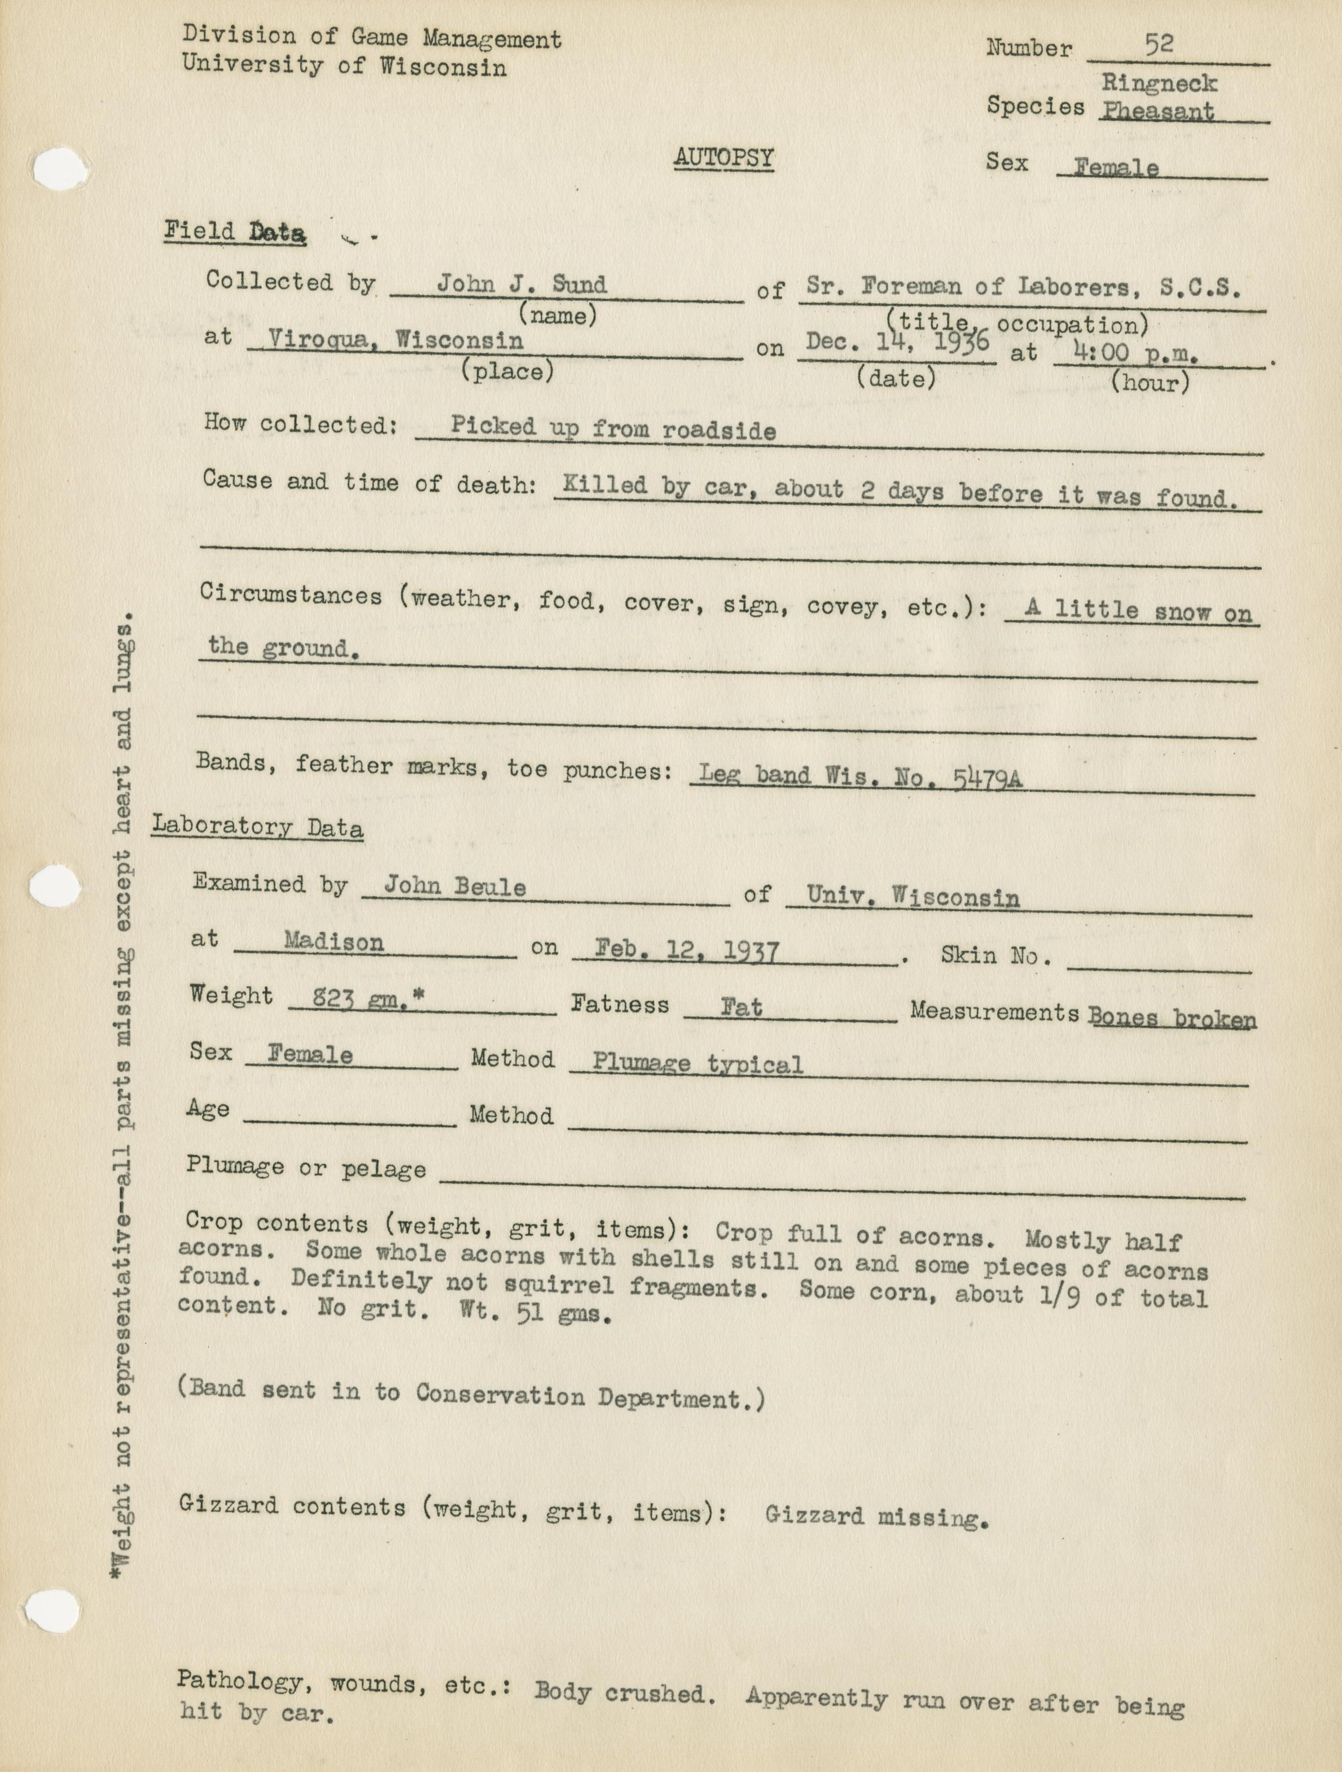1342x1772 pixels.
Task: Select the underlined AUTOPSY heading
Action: click(x=723, y=159)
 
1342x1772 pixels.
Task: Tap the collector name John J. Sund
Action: click(x=521, y=284)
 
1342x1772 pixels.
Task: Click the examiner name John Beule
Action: click(x=454, y=887)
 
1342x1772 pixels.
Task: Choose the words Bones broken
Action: click(x=1172, y=1018)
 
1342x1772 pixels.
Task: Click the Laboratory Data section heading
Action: click(x=257, y=827)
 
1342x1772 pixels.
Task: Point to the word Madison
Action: click(x=334, y=943)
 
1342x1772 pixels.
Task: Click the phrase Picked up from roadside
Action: click(x=613, y=428)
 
